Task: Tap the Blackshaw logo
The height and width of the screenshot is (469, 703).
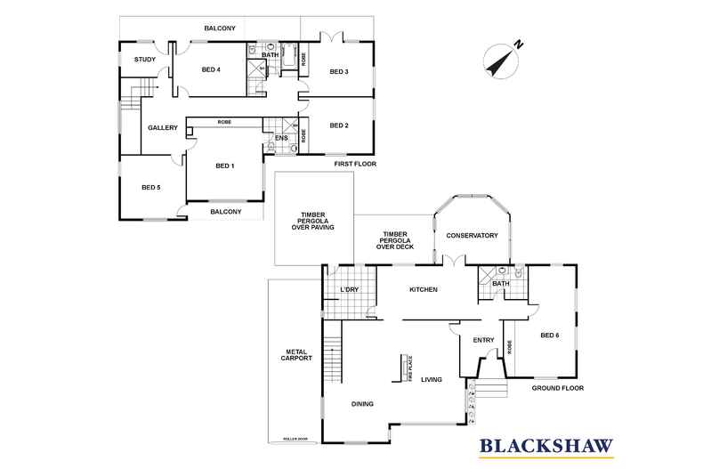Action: pos(545,445)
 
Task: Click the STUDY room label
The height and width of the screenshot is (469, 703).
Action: pos(145,61)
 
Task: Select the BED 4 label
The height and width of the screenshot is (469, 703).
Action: pos(211,70)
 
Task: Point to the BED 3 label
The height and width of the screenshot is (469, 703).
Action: pos(339,71)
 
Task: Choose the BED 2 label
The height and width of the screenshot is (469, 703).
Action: pos(339,125)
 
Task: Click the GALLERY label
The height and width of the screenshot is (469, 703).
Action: pos(163,128)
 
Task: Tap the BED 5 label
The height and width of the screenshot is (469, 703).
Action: pos(150,187)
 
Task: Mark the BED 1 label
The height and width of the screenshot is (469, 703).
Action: pos(225,166)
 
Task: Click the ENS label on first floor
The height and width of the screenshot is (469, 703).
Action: pos(280,138)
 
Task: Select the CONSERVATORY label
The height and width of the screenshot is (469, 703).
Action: pos(472,236)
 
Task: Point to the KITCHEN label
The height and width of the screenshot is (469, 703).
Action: pos(423,290)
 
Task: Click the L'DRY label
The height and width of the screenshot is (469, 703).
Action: pos(349,290)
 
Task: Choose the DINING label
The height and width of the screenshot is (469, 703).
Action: pos(361,404)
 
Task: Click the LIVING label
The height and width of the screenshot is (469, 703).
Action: pos(432,380)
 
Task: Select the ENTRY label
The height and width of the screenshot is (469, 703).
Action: pos(483,340)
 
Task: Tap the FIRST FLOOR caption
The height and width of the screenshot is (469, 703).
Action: pos(356,165)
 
